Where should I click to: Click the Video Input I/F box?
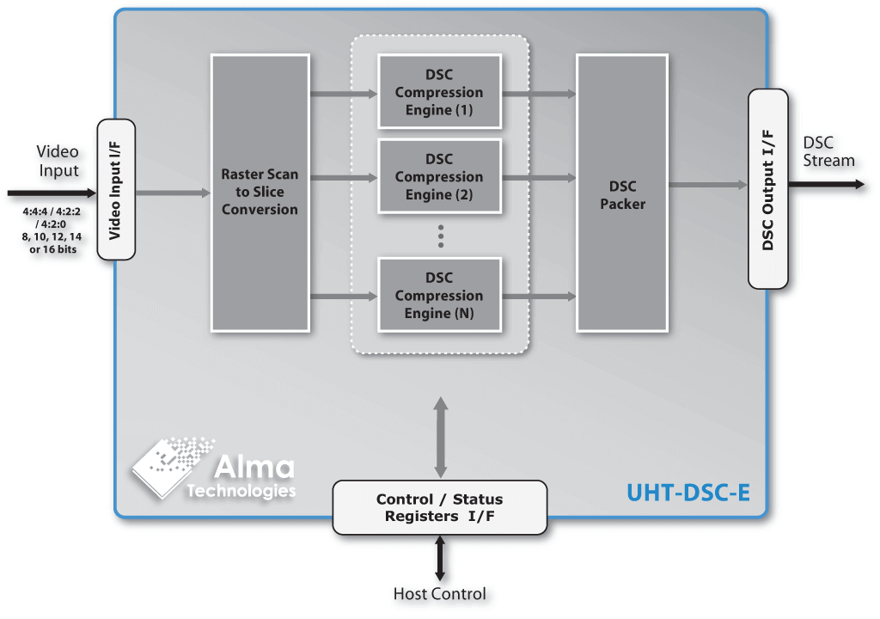point(117,189)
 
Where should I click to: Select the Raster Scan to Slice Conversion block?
point(260,193)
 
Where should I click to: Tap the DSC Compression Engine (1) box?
point(439,92)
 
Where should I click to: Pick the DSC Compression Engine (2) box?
point(439,176)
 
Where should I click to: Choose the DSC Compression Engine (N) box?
point(439,295)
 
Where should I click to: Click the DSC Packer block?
point(621,193)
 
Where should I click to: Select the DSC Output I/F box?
point(768,189)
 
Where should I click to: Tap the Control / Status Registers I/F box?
point(439,507)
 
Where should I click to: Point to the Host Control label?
point(439,594)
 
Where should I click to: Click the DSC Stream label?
point(828,152)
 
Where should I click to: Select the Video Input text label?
point(58,161)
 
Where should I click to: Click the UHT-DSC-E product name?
point(687,493)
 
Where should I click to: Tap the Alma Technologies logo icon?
point(168,464)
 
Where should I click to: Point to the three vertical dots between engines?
point(440,236)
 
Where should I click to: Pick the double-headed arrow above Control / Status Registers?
point(440,437)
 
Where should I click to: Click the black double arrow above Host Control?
point(440,558)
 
